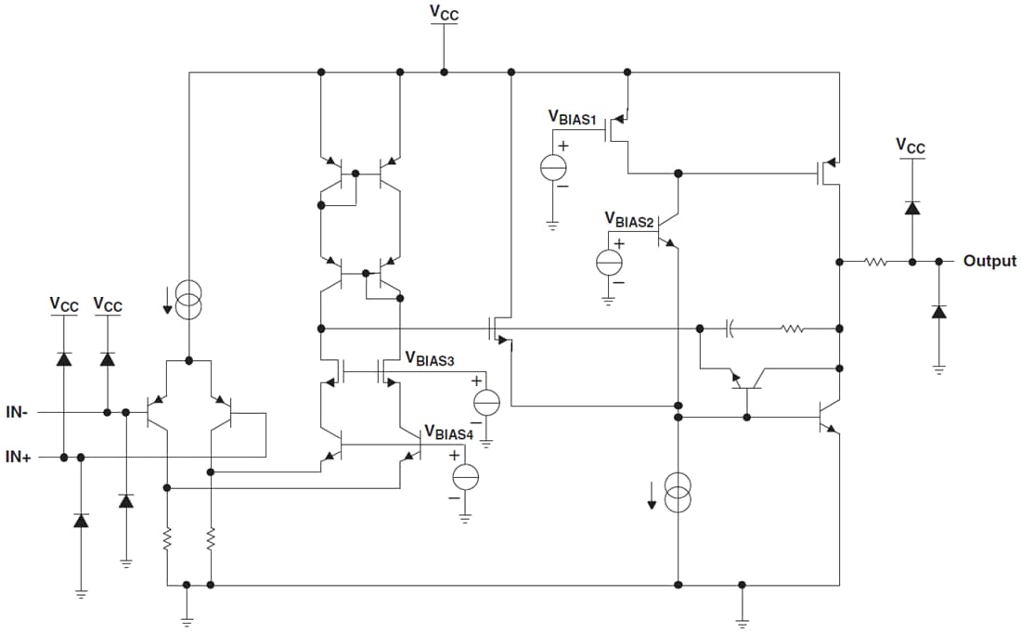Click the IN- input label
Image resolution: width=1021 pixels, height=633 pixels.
coord(18,411)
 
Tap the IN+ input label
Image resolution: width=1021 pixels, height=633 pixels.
coord(18,457)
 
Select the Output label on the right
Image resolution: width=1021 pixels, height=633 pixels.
coord(989,261)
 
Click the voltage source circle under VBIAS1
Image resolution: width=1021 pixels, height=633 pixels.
coord(554,166)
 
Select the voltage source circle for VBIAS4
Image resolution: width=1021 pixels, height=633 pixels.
coord(464,476)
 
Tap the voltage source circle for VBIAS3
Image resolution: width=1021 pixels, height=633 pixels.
coord(486,402)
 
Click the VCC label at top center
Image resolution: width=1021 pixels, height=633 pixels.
coord(444,12)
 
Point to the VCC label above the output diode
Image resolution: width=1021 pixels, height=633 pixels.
coord(911,146)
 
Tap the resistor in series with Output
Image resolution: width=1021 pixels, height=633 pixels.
coord(875,262)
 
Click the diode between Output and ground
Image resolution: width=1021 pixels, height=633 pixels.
coord(938,312)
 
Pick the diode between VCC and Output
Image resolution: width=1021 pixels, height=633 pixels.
coord(911,208)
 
